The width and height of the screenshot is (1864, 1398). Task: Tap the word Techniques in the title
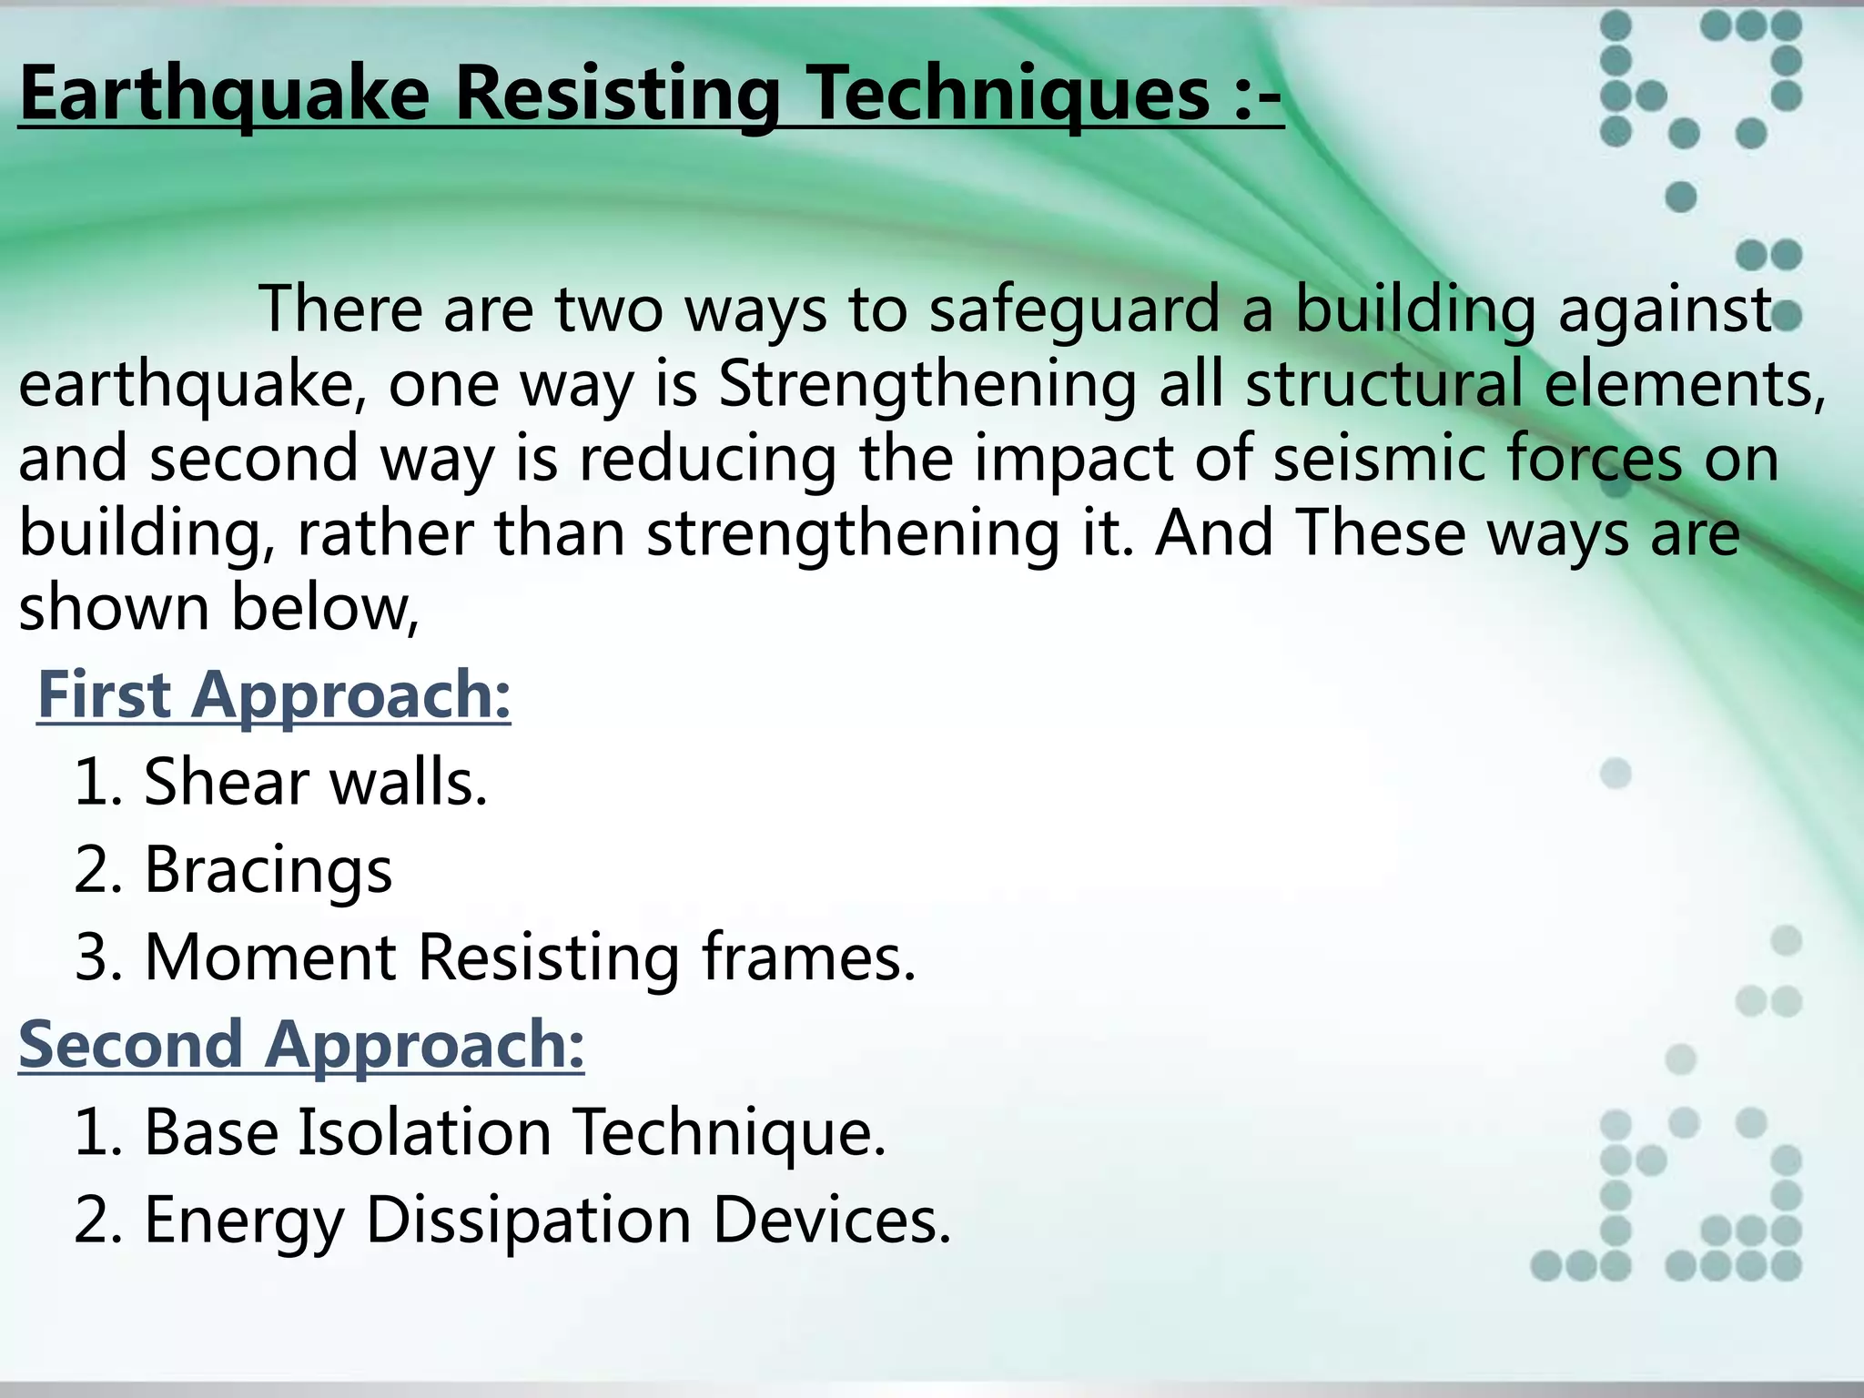pos(1010,95)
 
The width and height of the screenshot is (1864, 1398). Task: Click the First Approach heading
pos(273,694)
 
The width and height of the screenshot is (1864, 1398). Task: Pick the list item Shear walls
pos(315,782)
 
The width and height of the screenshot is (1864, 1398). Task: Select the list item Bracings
pos(268,869)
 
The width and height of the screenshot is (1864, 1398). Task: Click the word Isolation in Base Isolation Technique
pos(425,1132)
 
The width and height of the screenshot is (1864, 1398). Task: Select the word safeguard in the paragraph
pos(1074,309)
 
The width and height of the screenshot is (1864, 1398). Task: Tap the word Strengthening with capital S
pos(927,384)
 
